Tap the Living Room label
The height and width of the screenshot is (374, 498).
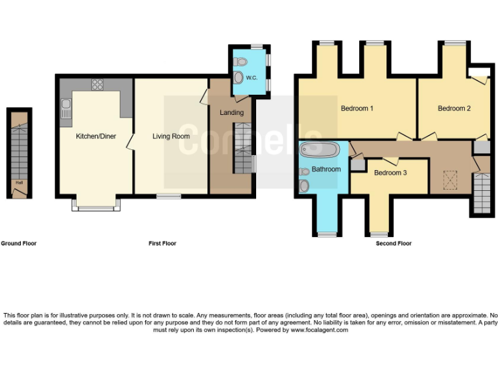pyautogui.click(x=171, y=136)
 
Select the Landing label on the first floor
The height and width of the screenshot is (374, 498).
pyautogui.click(x=231, y=112)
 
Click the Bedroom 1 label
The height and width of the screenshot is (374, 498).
pyautogui.click(x=357, y=108)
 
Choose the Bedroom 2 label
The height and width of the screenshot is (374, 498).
pyautogui.click(x=454, y=108)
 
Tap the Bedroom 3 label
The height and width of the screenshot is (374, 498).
pyautogui.click(x=390, y=173)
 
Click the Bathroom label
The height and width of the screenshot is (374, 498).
pyautogui.click(x=326, y=169)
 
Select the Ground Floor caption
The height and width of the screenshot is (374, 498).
pyautogui.click(x=19, y=243)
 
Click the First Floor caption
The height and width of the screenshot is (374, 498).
pyautogui.click(x=162, y=243)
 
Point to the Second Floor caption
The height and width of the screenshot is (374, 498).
pyautogui.click(x=394, y=243)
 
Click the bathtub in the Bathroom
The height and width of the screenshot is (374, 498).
pyautogui.click(x=320, y=151)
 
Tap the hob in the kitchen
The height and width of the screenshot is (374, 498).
pyautogui.click(x=98, y=84)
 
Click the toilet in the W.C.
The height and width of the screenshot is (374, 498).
pyautogui.click(x=241, y=62)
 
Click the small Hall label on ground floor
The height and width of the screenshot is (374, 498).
pyautogui.click(x=19, y=182)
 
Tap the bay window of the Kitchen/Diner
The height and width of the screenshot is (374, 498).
pyautogui.click(x=96, y=207)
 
